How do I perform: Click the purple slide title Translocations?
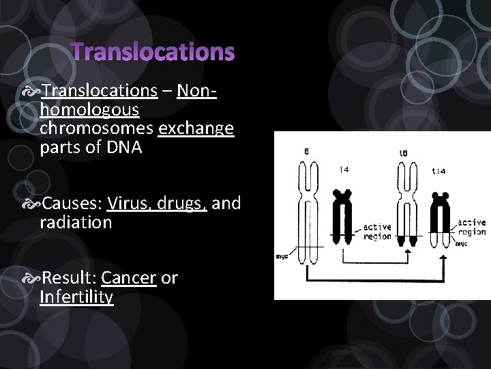pos(153,52)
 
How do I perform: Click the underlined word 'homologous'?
pos(89,109)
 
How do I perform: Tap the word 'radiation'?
pos(76,223)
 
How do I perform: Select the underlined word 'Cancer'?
pos(129,278)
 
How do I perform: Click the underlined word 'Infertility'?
pos(76,297)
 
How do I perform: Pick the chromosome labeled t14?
pos(442,219)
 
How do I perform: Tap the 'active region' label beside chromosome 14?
pos(377,232)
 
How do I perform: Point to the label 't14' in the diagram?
pos(438,172)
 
